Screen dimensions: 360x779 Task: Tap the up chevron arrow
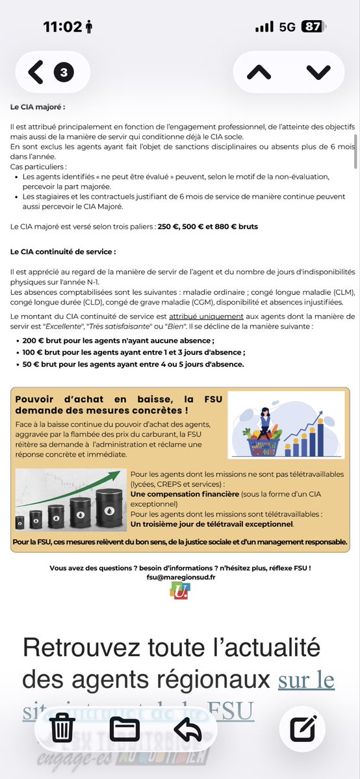pyautogui.click(x=259, y=72)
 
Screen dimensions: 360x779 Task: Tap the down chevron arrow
pyautogui.click(x=318, y=72)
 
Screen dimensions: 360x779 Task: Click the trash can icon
pyautogui.click(x=62, y=728)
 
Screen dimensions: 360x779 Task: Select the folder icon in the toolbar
pyautogui.click(x=125, y=728)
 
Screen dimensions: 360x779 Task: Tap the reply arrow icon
pyautogui.click(x=188, y=728)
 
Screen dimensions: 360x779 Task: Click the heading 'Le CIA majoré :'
pyautogui.click(x=38, y=107)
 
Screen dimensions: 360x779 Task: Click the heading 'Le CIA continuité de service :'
pyautogui.click(x=63, y=251)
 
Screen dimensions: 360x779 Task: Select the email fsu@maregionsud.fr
pyautogui.click(x=180, y=577)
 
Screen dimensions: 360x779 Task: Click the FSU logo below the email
pyautogui.click(x=180, y=590)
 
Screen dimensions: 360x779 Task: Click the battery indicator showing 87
pyautogui.click(x=312, y=27)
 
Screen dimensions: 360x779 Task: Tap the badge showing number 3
pyautogui.click(x=63, y=72)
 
